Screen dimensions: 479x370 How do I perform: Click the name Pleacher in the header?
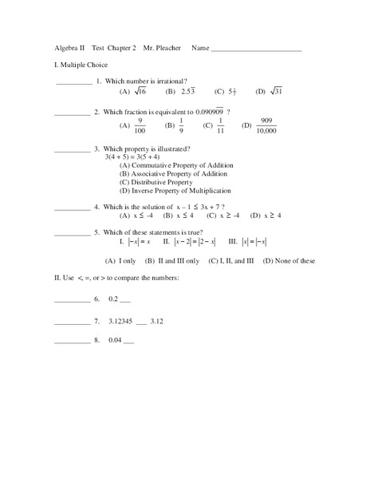click(x=167, y=48)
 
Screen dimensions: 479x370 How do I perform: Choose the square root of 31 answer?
click(x=274, y=92)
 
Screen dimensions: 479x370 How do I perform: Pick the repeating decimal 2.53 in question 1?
click(x=188, y=92)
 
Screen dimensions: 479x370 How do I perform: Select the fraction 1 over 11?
click(x=221, y=125)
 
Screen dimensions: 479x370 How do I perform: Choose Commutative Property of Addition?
click(x=178, y=164)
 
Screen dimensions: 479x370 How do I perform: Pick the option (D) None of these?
click(x=289, y=260)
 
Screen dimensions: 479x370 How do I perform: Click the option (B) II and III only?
click(x=176, y=260)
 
